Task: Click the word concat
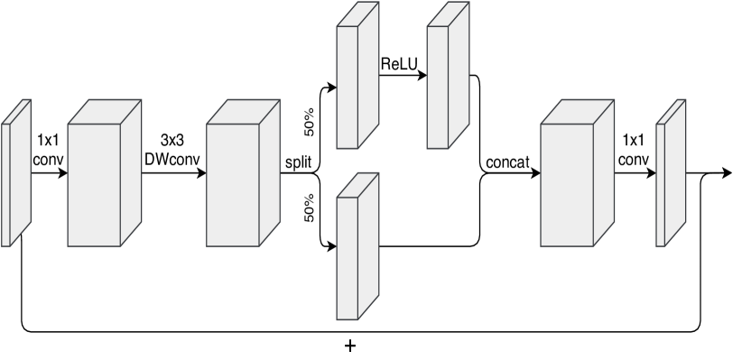pos(506,163)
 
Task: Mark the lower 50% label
pos(309,208)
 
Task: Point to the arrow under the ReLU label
pos(402,77)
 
